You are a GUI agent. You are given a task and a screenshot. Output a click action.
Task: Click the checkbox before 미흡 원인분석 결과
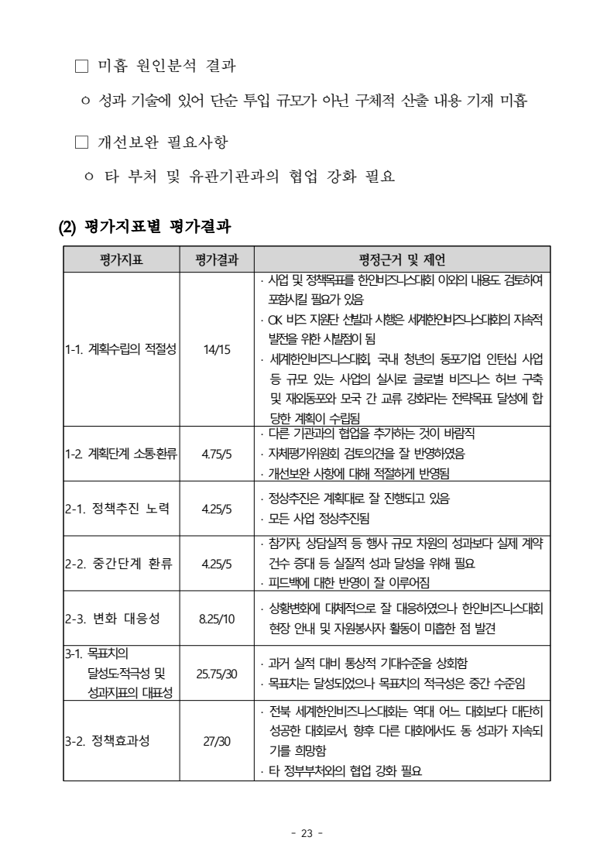coord(82,67)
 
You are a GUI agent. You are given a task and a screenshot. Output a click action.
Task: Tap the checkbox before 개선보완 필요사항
coord(82,142)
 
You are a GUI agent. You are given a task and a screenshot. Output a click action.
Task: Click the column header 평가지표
coord(122,259)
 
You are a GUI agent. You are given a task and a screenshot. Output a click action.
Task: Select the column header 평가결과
coord(217,259)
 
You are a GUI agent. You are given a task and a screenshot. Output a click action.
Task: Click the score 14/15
coord(217,349)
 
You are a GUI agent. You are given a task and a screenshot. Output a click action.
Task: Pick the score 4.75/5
coord(217,454)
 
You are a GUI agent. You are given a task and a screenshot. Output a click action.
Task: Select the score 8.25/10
coord(217,619)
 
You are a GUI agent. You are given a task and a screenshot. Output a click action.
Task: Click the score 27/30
coord(217,741)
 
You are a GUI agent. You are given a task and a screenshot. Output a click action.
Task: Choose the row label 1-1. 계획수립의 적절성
coord(121,349)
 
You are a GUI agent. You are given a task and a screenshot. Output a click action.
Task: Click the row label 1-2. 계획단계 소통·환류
coord(121,454)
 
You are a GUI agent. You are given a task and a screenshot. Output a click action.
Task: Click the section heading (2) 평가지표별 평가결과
coord(147,228)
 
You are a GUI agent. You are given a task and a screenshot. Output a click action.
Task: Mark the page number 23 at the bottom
coord(307,834)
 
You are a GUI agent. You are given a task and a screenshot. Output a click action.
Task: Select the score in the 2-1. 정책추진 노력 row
coord(217,509)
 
